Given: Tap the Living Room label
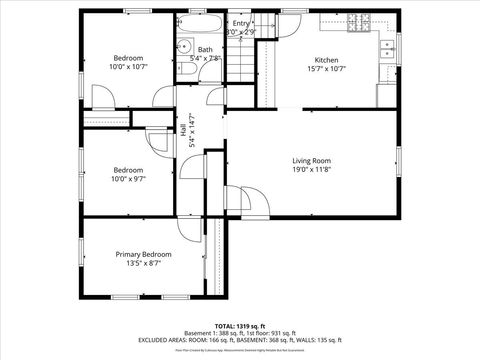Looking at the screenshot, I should (x=311, y=160).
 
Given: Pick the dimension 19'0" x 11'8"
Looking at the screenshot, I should (x=311, y=171).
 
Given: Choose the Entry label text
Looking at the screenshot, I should (x=241, y=23).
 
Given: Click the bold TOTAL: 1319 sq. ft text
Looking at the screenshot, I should (x=240, y=326).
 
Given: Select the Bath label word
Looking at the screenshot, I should (x=205, y=49).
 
